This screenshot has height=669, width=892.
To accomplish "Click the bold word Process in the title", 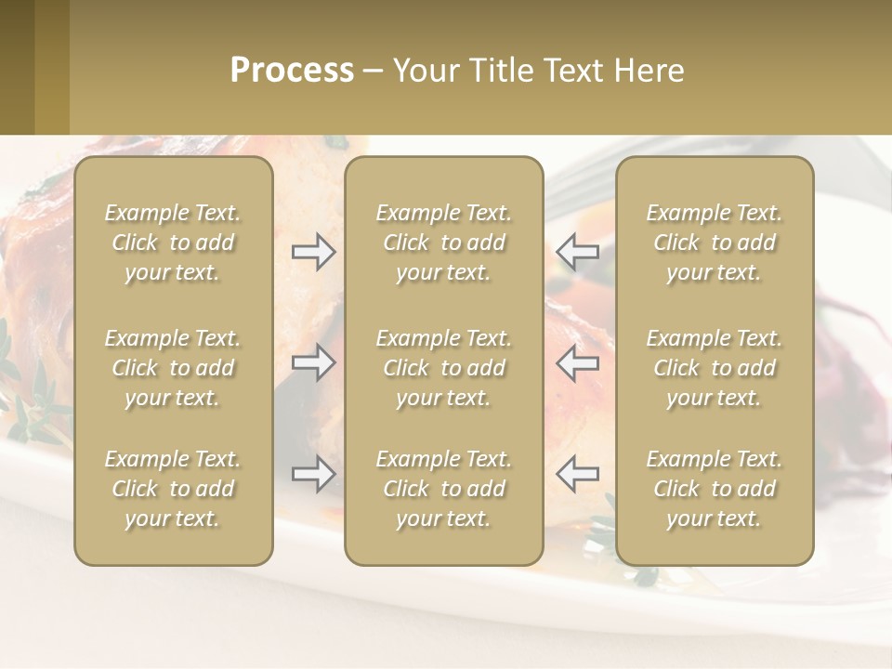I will [292, 71].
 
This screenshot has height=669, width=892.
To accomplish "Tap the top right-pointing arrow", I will [314, 252].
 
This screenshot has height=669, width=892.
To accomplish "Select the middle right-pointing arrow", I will [314, 362].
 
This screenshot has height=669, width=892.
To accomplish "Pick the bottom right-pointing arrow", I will [314, 474].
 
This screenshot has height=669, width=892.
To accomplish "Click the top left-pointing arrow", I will [577, 252].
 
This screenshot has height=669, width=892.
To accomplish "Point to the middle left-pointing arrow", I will [577, 362].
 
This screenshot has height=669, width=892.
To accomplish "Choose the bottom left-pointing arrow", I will [577, 474].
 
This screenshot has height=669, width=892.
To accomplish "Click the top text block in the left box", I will [173, 243].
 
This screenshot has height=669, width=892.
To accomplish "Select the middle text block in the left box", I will [173, 368].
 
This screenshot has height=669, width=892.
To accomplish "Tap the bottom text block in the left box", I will [173, 489].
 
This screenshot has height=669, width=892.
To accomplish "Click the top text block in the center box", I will [443, 243].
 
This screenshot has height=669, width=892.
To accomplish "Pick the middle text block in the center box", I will [443, 368].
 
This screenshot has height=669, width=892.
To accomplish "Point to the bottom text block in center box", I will [443, 489].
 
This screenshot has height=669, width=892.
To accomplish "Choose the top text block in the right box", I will [714, 243].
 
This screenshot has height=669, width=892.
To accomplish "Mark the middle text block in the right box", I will [714, 368].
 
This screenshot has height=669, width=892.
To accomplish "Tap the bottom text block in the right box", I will [714, 489].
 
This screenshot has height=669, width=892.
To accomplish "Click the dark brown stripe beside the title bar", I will [17, 67].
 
